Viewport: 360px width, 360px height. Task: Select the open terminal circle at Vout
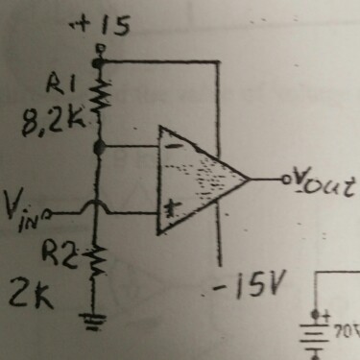point(283,180)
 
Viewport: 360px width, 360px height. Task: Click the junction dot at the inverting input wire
point(100,147)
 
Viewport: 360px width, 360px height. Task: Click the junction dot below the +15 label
point(98,62)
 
